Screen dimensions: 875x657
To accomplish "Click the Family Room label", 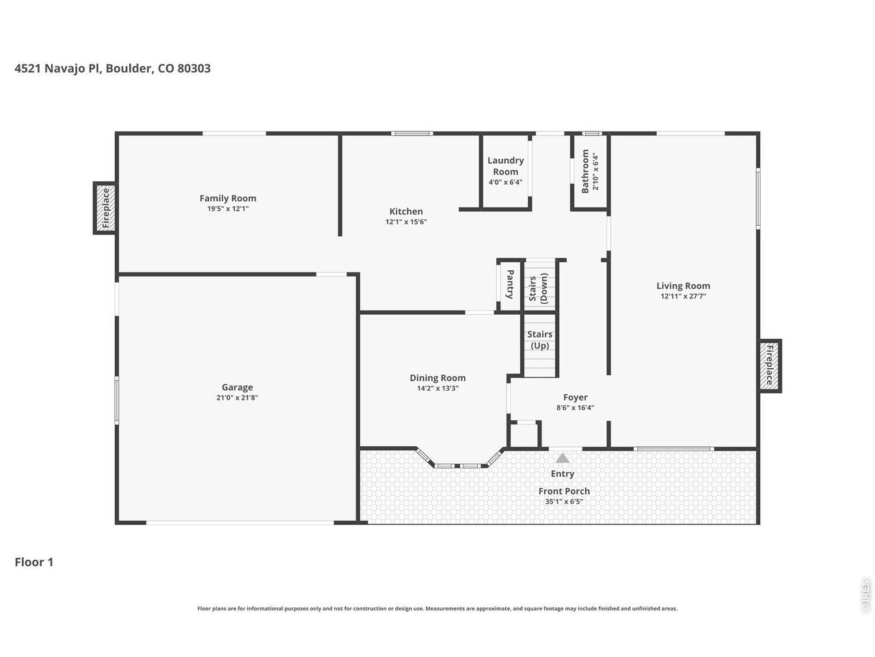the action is (228, 198).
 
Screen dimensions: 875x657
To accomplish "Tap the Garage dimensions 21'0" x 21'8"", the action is (237, 398).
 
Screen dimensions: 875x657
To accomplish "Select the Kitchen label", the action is (406, 211).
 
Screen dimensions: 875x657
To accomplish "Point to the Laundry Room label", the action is (505, 166).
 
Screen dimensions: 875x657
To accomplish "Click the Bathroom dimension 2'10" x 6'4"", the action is (595, 171).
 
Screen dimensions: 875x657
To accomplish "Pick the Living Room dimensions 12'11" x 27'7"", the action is (684, 296).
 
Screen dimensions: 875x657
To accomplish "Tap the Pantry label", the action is (510, 284).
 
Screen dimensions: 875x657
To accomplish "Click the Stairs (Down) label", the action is (538, 288).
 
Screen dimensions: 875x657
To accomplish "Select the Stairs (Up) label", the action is (540, 340).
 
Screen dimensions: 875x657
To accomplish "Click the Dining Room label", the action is (437, 378).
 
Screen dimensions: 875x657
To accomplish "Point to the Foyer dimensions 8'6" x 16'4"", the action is (575, 407).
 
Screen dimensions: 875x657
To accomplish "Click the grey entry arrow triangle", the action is (562, 458).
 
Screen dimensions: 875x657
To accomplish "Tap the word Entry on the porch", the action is (563, 474).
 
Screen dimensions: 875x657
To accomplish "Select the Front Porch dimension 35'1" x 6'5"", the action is (564, 502).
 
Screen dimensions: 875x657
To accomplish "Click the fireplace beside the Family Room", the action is (105, 208).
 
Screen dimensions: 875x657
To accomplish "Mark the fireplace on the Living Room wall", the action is (769, 365).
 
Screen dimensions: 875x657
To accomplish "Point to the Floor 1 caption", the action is (34, 562).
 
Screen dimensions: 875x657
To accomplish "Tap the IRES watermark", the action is (865, 596).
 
